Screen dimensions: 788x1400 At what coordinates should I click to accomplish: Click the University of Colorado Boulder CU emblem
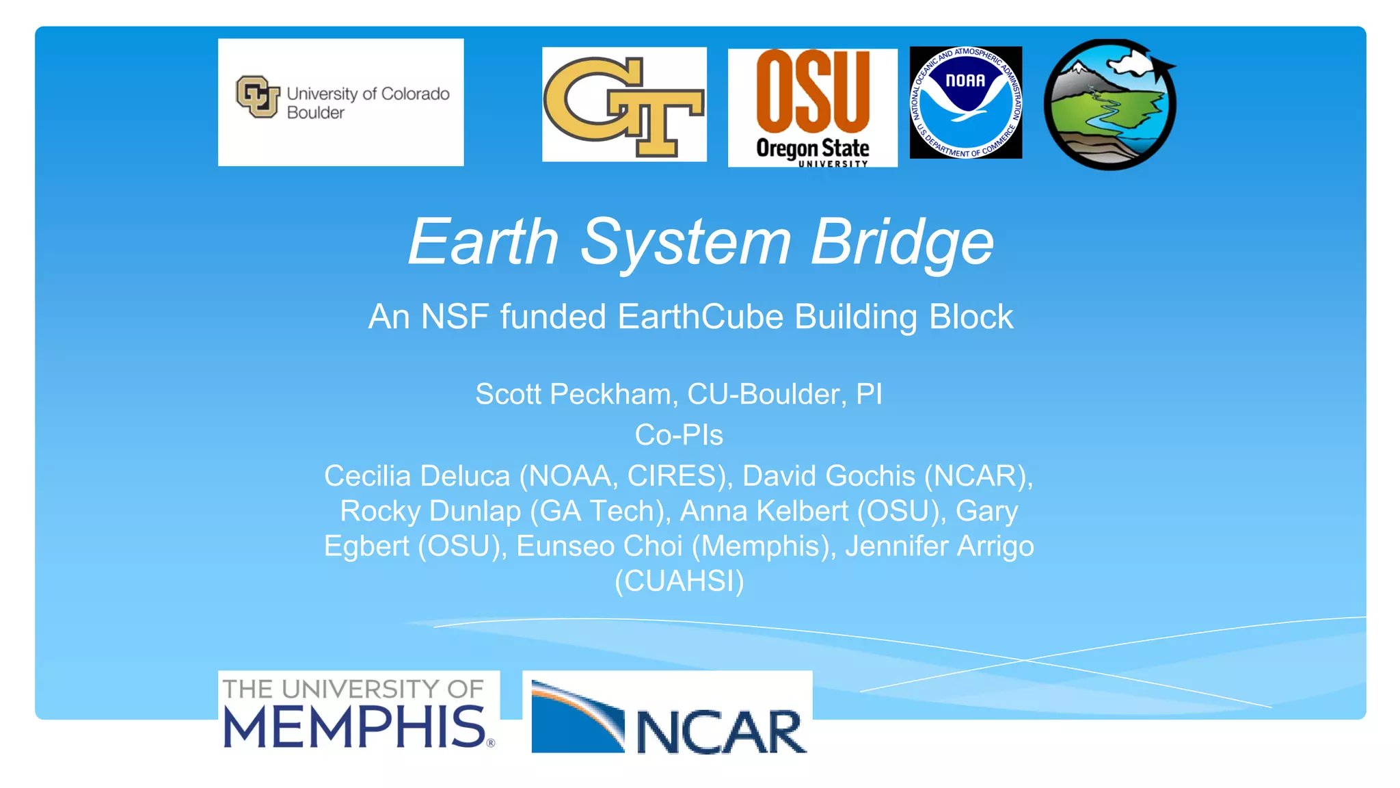(258, 96)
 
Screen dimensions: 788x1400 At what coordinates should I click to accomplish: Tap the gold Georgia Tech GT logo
(623, 105)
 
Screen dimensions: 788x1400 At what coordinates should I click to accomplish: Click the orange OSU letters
(812, 92)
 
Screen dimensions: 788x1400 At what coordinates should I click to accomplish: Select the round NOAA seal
(965, 103)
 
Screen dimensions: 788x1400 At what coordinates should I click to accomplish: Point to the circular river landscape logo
(1109, 105)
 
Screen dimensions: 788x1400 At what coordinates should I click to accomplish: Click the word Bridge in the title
(902, 242)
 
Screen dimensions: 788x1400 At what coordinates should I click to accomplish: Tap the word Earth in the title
(483, 242)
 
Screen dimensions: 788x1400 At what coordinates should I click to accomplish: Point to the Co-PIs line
(679, 435)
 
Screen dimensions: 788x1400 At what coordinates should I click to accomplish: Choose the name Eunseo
(565, 547)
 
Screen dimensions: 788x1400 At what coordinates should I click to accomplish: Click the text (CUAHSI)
(679, 581)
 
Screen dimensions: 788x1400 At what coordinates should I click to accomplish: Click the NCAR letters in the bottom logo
(721, 732)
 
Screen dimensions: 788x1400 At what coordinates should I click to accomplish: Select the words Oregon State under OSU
(812, 148)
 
